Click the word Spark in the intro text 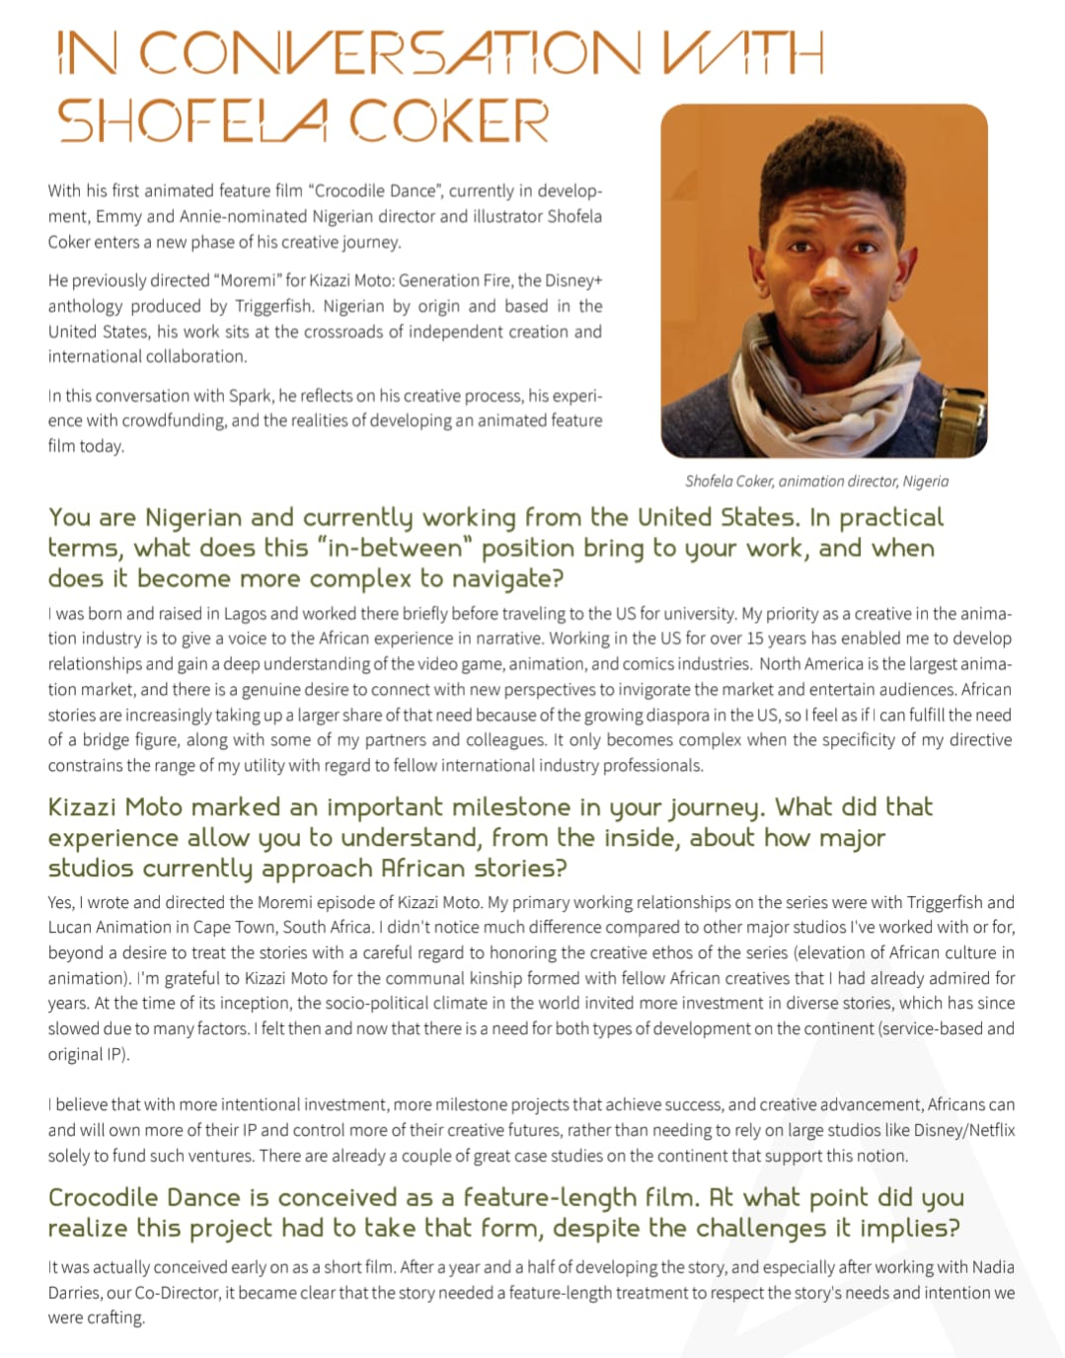click(x=250, y=396)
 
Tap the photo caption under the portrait click(x=816, y=481)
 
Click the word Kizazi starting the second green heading click(x=86, y=807)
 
